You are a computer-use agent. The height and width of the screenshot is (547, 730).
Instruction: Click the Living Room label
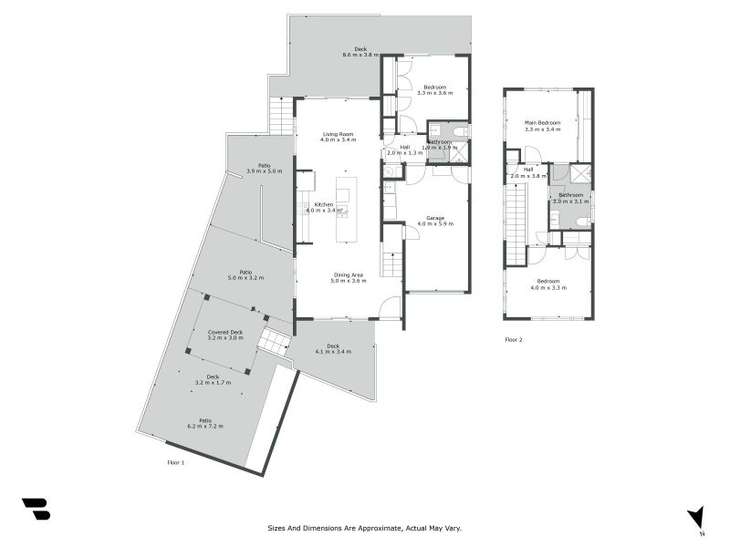click(x=337, y=134)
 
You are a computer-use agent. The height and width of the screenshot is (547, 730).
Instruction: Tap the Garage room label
click(x=435, y=217)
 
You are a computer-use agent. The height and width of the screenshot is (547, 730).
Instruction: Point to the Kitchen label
click(x=324, y=204)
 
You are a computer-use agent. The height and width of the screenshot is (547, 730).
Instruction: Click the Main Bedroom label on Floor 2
click(x=542, y=122)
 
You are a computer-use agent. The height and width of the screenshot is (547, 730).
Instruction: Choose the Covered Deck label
click(x=224, y=332)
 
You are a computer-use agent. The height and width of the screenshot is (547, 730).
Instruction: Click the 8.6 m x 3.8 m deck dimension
click(x=360, y=55)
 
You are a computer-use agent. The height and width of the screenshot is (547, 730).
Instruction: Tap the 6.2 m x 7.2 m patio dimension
click(x=205, y=426)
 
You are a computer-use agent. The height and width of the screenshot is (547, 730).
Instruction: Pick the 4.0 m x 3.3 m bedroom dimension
click(x=548, y=287)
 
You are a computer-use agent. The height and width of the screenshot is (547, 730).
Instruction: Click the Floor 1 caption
click(x=176, y=463)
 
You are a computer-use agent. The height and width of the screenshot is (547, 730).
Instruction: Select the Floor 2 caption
click(x=514, y=339)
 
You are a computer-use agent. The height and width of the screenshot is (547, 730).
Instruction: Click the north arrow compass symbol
click(x=695, y=517)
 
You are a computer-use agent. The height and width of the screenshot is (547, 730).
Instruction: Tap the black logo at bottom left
click(x=36, y=509)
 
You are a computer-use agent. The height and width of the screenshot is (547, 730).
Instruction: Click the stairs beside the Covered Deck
click(x=273, y=342)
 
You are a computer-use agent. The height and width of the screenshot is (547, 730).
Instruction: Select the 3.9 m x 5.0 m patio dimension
click(x=265, y=171)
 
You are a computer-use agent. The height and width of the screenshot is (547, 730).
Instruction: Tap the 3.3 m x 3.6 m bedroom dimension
click(x=435, y=93)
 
